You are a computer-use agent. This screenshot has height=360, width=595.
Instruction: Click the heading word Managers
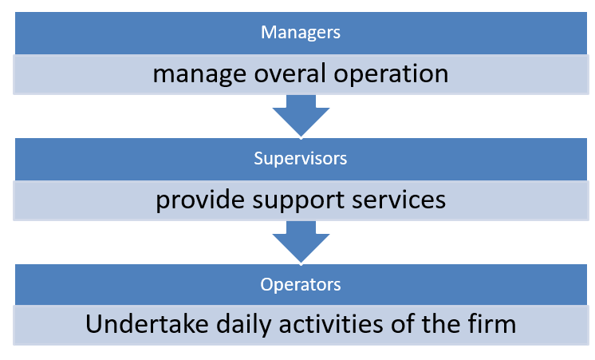click(x=301, y=33)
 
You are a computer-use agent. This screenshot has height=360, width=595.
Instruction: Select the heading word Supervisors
click(x=301, y=158)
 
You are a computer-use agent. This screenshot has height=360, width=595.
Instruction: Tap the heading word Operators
click(x=301, y=284)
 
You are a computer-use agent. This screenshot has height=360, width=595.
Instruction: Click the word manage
click(x=199, y=75)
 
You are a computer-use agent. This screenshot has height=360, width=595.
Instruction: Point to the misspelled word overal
click(x=290, y=73)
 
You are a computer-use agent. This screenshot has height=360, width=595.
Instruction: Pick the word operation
click(x=391, y=74)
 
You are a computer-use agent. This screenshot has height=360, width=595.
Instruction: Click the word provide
click(x=200, y=200)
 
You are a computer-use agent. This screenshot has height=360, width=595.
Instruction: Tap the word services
click(x=399, y=200)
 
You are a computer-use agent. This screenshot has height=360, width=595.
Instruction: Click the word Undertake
click(x=147, y=324)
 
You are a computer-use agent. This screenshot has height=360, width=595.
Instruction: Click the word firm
click(x=492, y=324)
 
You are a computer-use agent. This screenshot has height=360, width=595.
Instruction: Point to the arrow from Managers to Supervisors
click(x=301, y=116)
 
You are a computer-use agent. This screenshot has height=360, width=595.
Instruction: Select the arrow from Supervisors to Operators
click(x=301, y=242)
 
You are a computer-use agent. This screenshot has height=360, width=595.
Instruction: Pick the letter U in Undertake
click(x=94, y=324)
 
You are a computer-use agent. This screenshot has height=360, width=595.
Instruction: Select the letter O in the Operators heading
click(x=266, y=284)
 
